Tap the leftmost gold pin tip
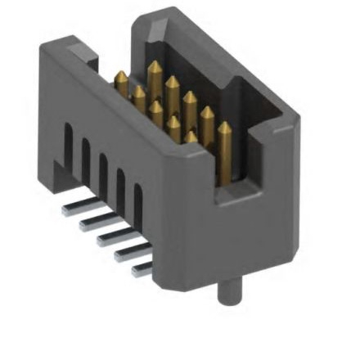[120, 78]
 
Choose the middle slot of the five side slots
[103, 169]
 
